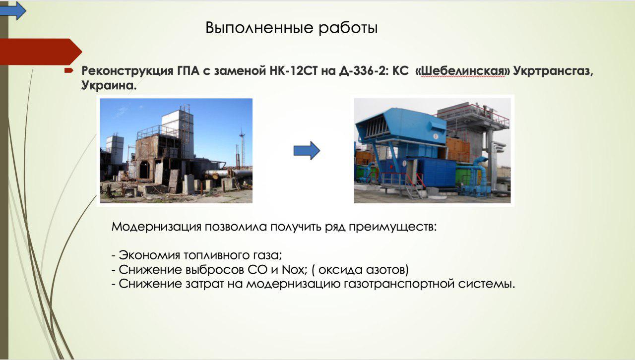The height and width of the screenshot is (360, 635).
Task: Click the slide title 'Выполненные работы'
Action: point(291,28)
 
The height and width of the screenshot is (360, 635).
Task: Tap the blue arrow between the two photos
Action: point(307,151)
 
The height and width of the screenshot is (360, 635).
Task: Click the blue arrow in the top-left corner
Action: point(13,11)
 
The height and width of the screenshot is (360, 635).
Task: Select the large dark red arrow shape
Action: point(41,52)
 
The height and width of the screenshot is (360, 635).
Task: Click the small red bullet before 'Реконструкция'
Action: point(68,70)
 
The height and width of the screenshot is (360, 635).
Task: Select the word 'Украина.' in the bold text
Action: point(109,85)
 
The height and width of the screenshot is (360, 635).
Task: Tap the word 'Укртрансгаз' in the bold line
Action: point(553,71)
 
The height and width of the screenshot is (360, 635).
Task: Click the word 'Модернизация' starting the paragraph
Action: point(156,227)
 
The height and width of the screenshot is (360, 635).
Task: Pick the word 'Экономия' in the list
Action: point(149,255)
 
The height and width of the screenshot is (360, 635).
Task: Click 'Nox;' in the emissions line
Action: point(295,270)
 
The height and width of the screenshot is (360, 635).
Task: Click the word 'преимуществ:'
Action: point(392,227)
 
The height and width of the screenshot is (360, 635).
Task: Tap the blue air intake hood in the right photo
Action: point(401,125)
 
